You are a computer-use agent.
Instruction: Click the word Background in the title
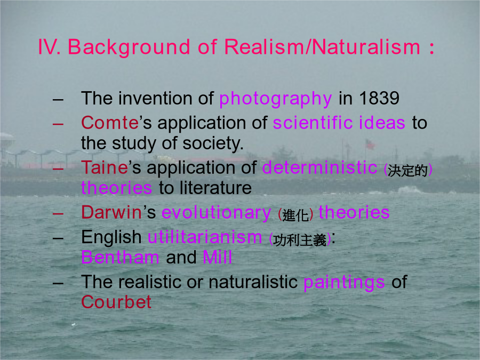(129, 47)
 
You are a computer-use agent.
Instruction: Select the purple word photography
(276, 99)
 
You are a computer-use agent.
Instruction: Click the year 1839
(379, 98)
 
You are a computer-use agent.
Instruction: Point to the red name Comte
(110, 123)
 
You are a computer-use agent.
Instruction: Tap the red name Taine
(105, 167)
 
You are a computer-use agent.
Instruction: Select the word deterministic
(319, 167)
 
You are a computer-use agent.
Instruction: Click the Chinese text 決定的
(407, 171)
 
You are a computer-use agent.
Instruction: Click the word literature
(215, 188)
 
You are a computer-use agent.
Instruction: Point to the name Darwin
(111, 212)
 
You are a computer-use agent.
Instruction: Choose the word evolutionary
(216, 213)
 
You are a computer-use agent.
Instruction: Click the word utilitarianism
(204, 237)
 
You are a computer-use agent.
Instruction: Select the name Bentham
(121, 257)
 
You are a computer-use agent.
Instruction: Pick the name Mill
(217, 257)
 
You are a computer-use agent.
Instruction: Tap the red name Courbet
(116, 302)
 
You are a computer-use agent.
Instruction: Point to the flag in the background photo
(370, 144)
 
